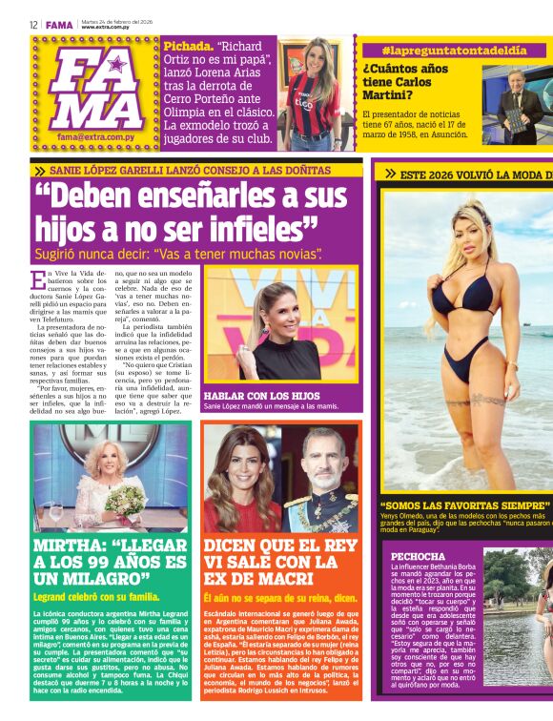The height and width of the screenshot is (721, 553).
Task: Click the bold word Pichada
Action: point(187,46)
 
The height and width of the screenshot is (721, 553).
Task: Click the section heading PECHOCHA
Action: point(418,556)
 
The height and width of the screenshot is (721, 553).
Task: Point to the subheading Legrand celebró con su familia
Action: point(96,597)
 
